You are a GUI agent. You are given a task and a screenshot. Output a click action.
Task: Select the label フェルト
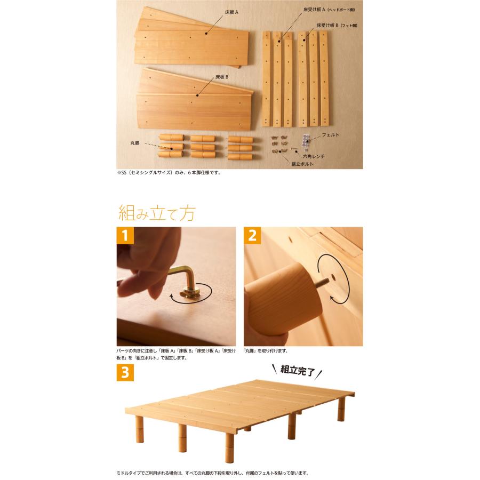click(331, 135)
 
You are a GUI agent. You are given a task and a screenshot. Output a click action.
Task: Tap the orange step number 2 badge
click(252, 235)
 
